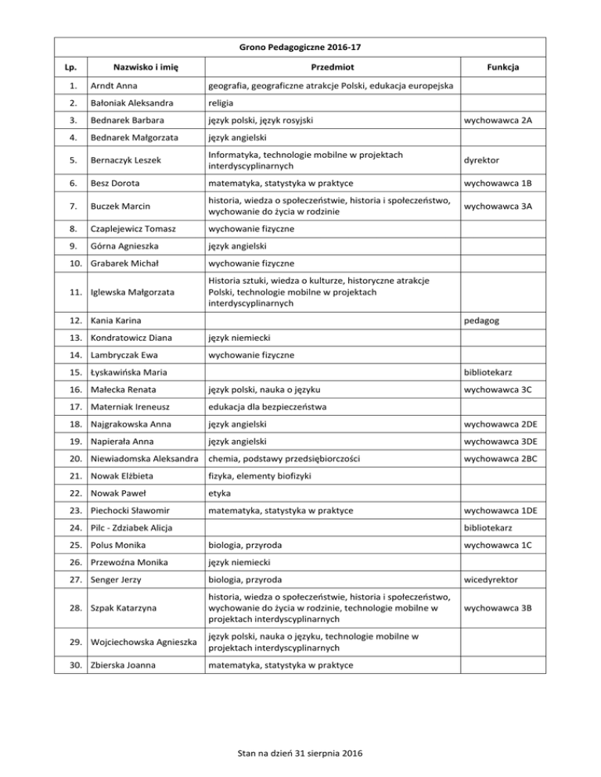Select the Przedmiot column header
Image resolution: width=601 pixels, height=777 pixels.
coord(331,68)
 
